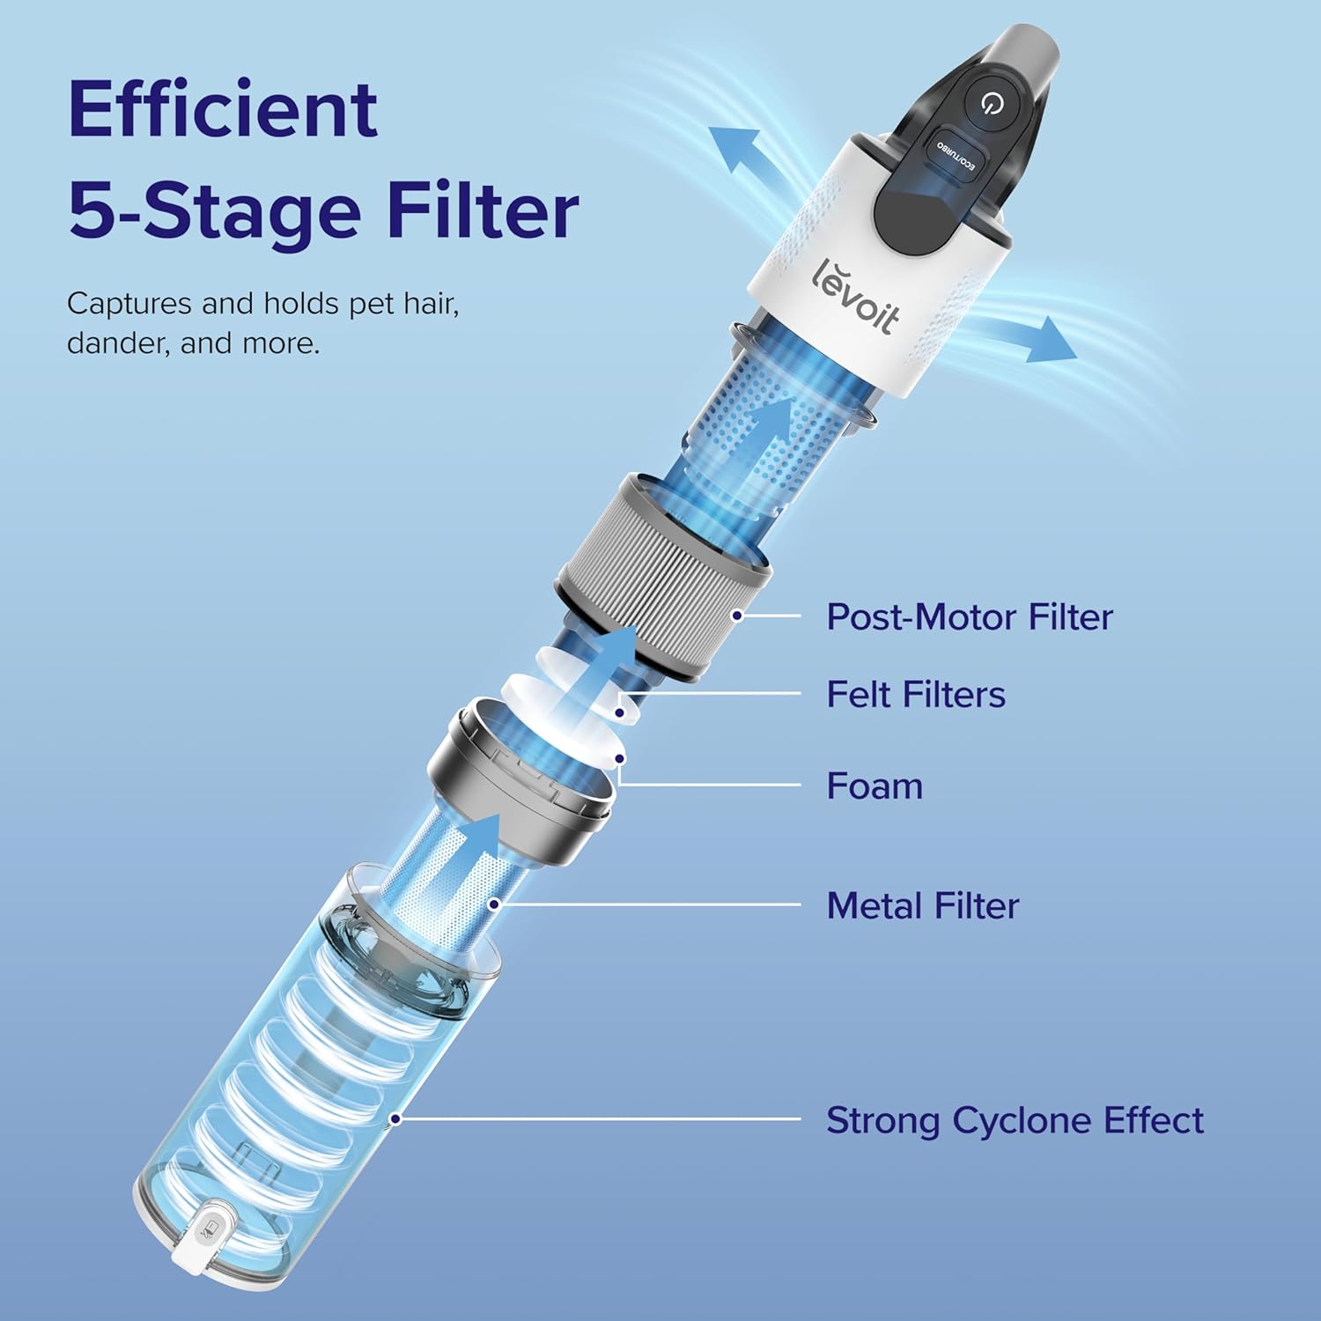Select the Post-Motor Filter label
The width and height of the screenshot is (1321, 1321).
tap(970, 616)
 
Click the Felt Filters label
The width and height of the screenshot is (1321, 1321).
tap(916, 695)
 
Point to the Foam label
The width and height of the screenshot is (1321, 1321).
tap(875, 786)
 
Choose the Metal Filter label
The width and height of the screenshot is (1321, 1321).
tap(923, 905)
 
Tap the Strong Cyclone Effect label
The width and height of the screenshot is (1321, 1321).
tap(1015, 1120)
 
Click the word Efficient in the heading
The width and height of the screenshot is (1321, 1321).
tap(223, 109)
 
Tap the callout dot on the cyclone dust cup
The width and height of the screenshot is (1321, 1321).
tap(396, 1119)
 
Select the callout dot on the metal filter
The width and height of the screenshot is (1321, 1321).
tap(495, 904)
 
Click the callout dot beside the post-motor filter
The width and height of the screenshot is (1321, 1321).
tap(737, 616)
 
